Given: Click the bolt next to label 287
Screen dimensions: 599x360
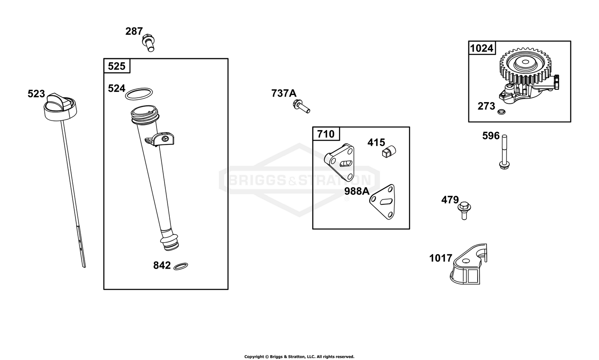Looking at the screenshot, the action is (x=148, y=43).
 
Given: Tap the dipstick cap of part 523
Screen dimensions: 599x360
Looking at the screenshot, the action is (x=60, y=107).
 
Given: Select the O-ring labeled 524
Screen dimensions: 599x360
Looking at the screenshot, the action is (x=139, y=94).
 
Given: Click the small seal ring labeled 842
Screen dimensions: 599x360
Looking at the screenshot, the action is (x=181, y=266).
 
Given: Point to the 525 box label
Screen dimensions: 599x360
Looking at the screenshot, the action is (x=117, y=66).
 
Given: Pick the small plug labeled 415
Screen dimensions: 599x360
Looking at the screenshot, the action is (x=389, y=152).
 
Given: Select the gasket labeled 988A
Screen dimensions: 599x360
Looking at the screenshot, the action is (x=383, y=202).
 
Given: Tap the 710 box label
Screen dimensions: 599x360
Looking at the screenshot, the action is (x=326, y=134).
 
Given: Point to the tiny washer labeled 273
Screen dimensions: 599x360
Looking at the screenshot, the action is (x=502, y=112).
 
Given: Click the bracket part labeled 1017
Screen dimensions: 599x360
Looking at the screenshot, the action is (x=468, y=265).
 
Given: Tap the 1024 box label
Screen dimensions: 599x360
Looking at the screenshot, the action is (x=482, y=48).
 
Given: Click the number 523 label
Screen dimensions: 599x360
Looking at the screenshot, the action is (x=36, y=94).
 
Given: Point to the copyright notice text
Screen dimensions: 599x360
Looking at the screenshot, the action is (x=299, y=356).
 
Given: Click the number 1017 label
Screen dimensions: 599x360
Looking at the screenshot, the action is (x=441, y=258).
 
